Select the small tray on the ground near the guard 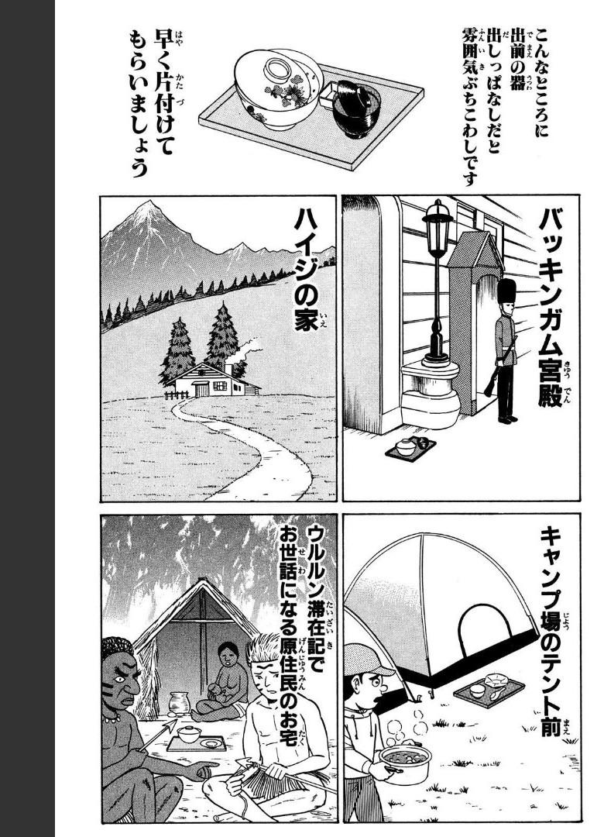tap(410, 447)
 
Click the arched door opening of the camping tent tap(485, 630)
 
